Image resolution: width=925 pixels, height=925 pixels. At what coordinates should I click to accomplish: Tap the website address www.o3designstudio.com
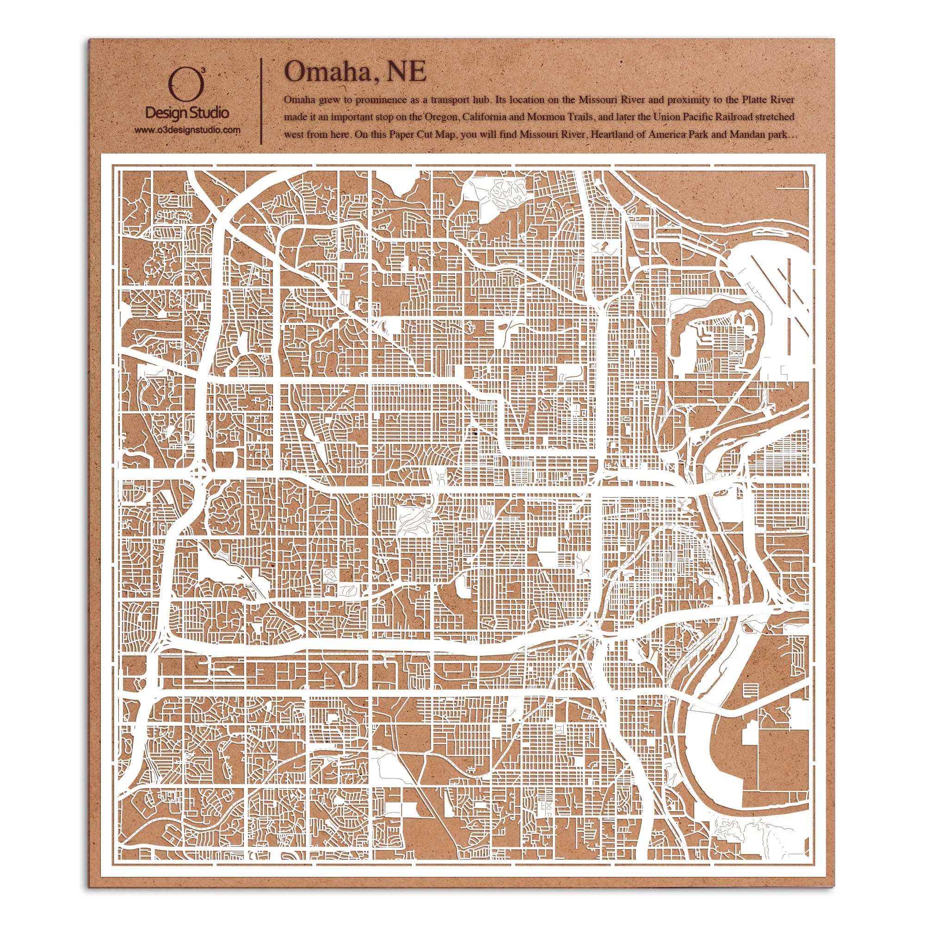point(187,130)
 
